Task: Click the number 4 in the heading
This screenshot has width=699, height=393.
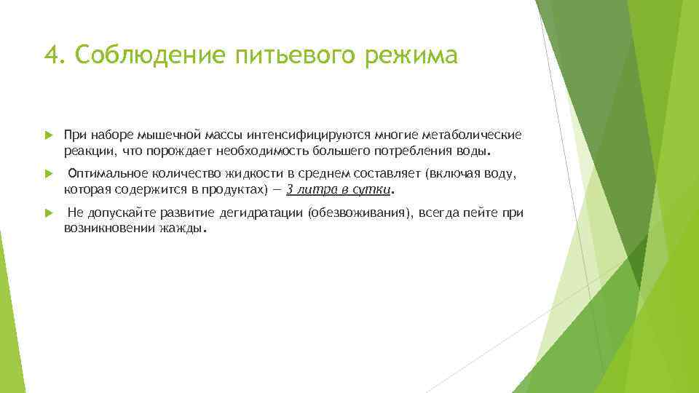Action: [50, 55]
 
